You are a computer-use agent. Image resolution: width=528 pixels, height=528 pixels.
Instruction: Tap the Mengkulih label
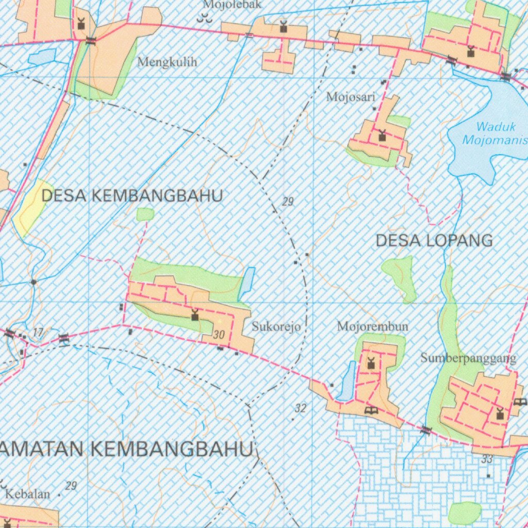[168, 62]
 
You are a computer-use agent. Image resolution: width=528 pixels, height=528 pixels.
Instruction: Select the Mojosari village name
[351, 96]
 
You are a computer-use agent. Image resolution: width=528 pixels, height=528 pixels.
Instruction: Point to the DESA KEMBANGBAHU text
[132, 196]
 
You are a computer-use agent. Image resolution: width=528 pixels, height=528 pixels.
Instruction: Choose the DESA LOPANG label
[434, 240]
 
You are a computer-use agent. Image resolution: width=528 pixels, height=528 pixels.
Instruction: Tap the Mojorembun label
[372, 326]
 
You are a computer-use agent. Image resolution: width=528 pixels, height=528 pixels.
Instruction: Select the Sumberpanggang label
[468, 358]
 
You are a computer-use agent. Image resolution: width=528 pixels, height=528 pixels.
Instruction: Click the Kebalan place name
[28, 494]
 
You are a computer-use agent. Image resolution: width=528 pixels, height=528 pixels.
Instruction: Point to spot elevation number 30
[219, 335]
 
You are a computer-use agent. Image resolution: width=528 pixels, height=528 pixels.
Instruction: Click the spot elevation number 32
[301, 409]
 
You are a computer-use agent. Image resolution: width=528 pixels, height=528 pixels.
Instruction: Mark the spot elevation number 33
[487, 459]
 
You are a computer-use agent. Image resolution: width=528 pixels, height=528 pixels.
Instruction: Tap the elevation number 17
[38, 333]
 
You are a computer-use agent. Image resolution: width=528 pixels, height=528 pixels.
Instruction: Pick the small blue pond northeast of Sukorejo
[247, 284]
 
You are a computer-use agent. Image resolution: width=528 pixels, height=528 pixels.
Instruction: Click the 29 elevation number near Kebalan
[71, 486]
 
